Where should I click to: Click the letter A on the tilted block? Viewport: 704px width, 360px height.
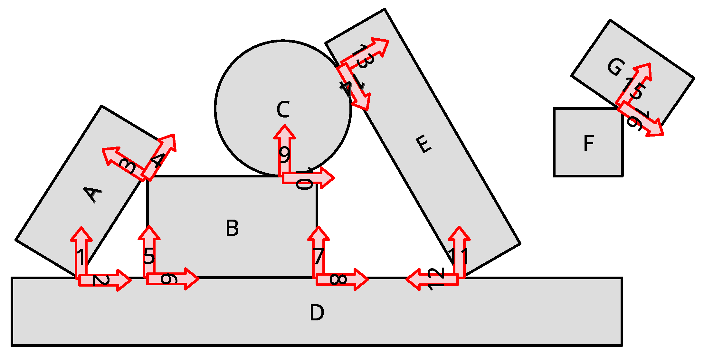point(93,194)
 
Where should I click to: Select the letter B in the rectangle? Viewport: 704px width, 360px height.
point(232,228)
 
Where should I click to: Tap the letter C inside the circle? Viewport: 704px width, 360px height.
point(283,109)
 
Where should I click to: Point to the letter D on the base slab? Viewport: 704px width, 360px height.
point(317,313)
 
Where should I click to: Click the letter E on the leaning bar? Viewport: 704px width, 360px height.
point(423,144)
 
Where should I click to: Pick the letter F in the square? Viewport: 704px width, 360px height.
point(589,144)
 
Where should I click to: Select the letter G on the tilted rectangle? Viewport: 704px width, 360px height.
point(616,67)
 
